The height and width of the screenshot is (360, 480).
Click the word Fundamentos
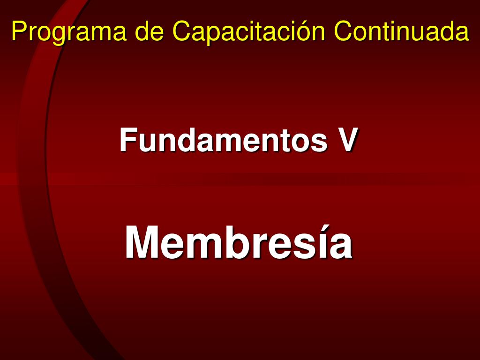point(223,140)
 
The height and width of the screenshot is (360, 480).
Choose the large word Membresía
point(239,243)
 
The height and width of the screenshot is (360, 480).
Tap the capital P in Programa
point(18,32)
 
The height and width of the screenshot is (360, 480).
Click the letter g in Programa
point(59,34)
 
